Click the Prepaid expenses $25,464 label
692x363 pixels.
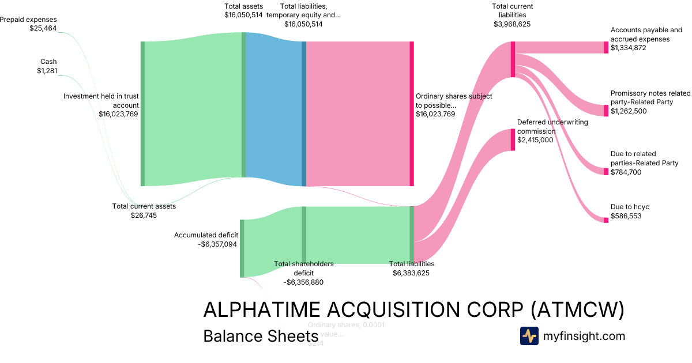29,24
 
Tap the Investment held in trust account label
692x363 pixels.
101,105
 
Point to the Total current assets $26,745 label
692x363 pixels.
144,210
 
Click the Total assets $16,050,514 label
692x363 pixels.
243,10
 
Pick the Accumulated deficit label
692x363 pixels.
206,239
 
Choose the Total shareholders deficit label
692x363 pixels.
303,273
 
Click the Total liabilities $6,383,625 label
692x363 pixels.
411,268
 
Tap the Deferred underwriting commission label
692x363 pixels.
544,131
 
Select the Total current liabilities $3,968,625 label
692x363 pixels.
512,15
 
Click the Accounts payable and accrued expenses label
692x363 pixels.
646,39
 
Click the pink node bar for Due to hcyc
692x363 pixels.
606,220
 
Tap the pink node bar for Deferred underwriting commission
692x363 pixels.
512,139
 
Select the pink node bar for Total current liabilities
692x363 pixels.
512,59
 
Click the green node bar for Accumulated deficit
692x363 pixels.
242,248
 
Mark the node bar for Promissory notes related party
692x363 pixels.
606,110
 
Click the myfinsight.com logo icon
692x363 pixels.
529,336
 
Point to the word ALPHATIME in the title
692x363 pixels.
262,310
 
